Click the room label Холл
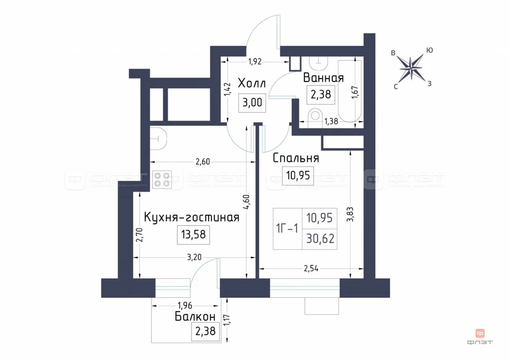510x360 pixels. click(x=252, y=82)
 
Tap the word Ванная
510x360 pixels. click(x=323, y=78)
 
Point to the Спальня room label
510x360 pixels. click(x=296, y=158)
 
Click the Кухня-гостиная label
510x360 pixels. click(x=192, y=217)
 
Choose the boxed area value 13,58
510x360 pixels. click(x=193, y=234)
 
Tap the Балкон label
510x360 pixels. click(x=195, y=317)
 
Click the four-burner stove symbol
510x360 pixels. click(x=161, y=179)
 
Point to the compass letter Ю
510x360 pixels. click(x=429, y=50)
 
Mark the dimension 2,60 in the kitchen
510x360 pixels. click(x=203, y=161)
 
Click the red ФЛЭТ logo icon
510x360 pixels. click(x=480, y=332)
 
